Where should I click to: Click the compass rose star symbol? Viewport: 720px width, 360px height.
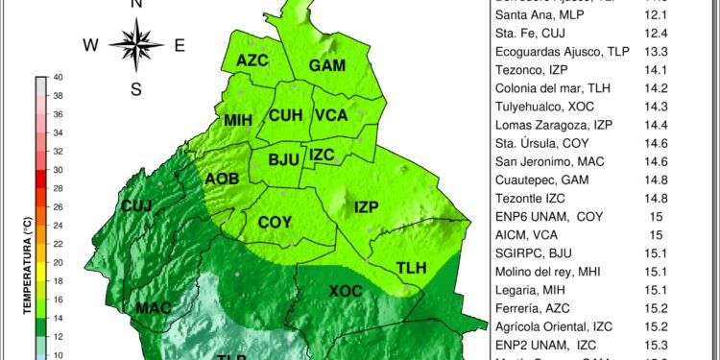(x=135, y=43)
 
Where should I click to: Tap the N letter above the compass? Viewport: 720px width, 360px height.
(x=135, y=5)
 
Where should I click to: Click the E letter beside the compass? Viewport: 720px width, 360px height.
(x=180, y=44)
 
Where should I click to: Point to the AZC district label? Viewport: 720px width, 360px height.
(x=252, y=60)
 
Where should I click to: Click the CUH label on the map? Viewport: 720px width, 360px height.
(x=286, y=116)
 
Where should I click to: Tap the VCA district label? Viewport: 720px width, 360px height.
(x=330, y=116)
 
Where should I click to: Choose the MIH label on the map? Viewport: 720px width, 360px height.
(x=238, y=120)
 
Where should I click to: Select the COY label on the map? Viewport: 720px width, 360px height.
(x=275, y=222)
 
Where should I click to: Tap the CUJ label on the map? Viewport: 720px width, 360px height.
(x=136, y=206)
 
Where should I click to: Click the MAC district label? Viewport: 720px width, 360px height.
(x=153, y=308)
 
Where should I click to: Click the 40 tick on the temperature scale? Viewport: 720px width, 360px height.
(x=59, y=78)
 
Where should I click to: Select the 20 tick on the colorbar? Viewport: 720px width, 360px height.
(x=58, y=262)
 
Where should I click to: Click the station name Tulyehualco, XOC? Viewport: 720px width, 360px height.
(x=544, y=105)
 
